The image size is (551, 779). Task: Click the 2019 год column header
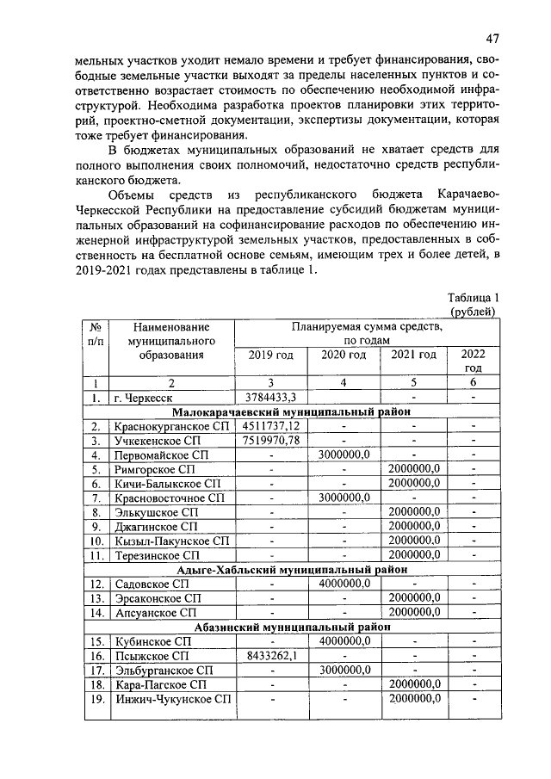pos(270,355)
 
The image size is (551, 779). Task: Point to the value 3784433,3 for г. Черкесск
pos(270,397)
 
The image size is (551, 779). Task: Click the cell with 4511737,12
pos(270,425)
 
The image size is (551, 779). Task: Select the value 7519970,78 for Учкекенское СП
pos(270,440)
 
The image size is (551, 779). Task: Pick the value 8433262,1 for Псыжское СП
pos(270,655)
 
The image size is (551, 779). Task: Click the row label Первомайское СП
pos(162,454)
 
